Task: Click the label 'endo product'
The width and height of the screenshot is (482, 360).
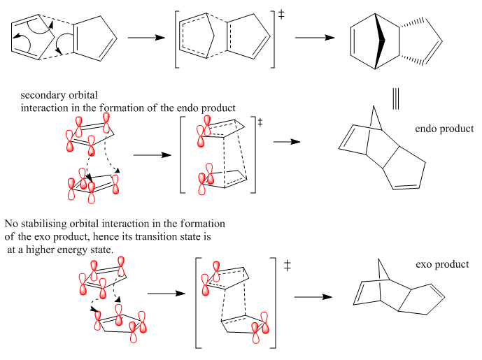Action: [444, 129]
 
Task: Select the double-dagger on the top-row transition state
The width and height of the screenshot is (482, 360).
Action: [281, 13]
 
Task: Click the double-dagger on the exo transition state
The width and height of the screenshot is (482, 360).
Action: [288, 266]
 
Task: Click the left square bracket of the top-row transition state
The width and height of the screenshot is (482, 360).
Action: [178, 42]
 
